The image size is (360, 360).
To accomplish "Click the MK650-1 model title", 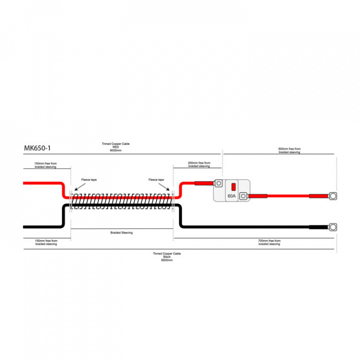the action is (x=37, y=148).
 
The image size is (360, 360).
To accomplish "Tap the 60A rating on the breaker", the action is (x=231, y=196).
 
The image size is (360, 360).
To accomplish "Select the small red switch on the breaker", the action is (x=233, y=187).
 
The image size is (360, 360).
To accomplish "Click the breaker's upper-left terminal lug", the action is (x=218, y=183).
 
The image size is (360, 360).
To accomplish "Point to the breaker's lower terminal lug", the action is (x=243, y=196).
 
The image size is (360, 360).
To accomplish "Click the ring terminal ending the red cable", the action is (x=333, y=196).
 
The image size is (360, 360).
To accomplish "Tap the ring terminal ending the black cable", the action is (x=333, y=227).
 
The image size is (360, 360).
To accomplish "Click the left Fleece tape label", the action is (x=89, y=180).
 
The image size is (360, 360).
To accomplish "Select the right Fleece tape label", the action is (x=156, y=180).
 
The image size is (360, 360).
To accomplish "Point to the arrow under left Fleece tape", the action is (x=80, y=187).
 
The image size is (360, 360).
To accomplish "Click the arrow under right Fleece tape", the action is (x=164, y=187).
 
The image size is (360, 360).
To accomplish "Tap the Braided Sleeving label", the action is (x=121, y=232).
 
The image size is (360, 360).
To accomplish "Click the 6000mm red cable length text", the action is (x=115, y=150).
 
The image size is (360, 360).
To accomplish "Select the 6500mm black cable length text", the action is (x=167, y=260).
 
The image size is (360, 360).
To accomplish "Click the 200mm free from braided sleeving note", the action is (x=199, y=164).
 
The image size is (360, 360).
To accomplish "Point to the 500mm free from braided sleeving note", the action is (x=289, y=150).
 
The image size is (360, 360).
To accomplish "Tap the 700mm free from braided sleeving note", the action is (x=269, y=242).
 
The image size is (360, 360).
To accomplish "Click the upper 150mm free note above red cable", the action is (x=45, y=165).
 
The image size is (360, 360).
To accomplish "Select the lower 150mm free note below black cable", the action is (x=46, y=242).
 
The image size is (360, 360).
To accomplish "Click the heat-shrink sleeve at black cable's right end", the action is (x=319, y=227).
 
